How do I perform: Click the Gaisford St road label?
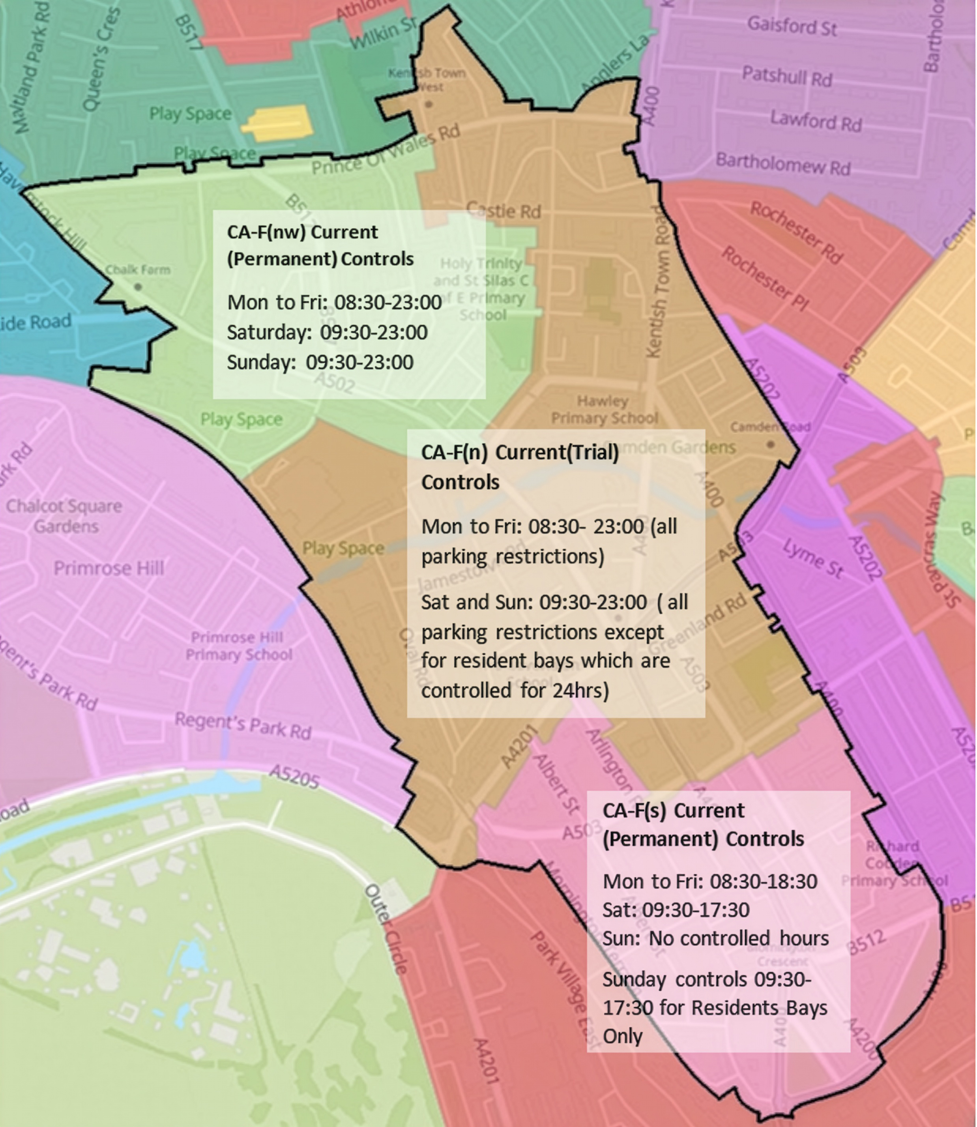pyautogui.click(x=791, y=26)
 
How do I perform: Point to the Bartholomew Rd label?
pyautogui.click(x=782, y=164)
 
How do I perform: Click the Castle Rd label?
pyautogui.click(x=504, y=210)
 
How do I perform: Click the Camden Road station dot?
pyautogui.click(x=770, y=444)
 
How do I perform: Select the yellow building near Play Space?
pyautogui.click(x=278, y=123)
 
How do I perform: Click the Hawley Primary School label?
pyautogui.click(x=604, y=410)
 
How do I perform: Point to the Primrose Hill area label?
pyautogui.click(x=109, y=568)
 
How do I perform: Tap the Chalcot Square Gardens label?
pyautogui.click(x=64, y=516)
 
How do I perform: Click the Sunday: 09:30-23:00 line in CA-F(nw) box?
pyautogui.click(x=320, y=362)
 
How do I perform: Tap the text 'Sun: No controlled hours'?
pyautogui.click(x=715, y=938)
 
